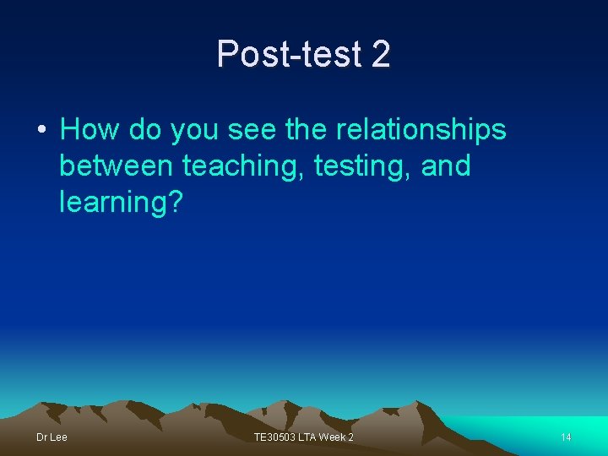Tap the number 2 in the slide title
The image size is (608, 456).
coord(380,55)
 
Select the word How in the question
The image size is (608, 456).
coord(88,130)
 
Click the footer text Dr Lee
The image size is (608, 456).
coord(52,437)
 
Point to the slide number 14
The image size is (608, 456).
coord(566,437)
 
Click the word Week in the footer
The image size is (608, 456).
coord(330,437)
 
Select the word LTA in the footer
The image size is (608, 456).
coord(308,437)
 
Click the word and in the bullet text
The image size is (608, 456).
coord(444,166)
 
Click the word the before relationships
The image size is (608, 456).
coord(312,130)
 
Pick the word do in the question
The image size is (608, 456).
coord(144,130)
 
